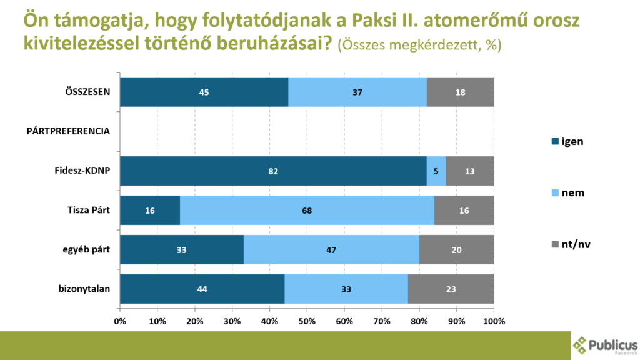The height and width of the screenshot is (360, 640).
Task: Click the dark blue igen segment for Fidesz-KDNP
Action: click(x=273, y=171)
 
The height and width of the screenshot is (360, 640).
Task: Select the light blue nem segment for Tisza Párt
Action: click(x=307, y=210)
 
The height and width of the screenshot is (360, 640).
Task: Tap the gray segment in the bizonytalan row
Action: click(x=451, y=289)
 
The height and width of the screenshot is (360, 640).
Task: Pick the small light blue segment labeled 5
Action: click(x=436, y=171)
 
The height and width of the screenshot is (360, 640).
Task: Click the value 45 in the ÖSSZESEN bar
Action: click(x=204, y=92)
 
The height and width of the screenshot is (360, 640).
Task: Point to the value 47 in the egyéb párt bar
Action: click(x=331, y=250)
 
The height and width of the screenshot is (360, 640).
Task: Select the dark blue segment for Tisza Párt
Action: click(x=150, y=210)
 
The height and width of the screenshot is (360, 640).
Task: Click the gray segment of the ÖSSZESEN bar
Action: click(x=460, y=92)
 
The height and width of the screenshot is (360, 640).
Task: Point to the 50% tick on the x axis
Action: click(x=307, y=321)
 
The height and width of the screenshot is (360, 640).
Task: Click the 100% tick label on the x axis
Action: click(x=494, y=321)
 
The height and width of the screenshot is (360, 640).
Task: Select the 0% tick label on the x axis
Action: click(x=120, y=321)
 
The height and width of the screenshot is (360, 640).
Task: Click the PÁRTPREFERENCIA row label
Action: click(x=68, y=131)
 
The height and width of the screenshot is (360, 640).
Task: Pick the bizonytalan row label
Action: click(x=84, y=289)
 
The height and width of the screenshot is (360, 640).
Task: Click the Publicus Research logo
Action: click(x=605, y=345)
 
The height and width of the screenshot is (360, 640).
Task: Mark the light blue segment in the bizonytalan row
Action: click(x=346, y=289)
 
